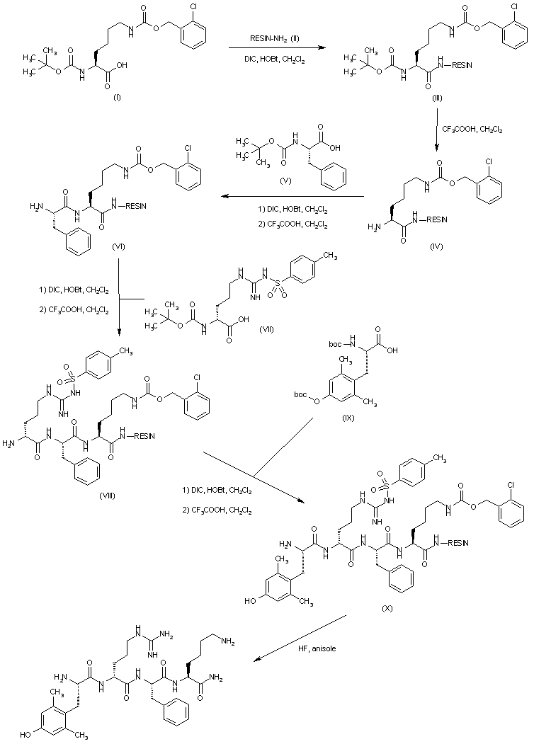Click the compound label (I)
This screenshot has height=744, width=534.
[x=117, y=98]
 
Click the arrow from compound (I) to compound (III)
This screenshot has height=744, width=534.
[x=273, y=48]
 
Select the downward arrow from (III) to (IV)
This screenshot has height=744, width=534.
[x=436, y=135]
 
